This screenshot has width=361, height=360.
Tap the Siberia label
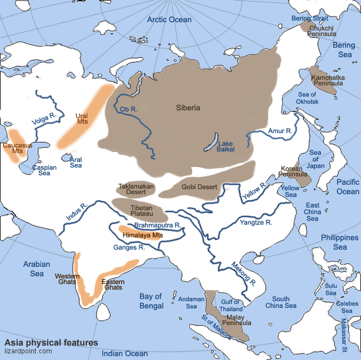point(188,108)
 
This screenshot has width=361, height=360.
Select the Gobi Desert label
point(199,187)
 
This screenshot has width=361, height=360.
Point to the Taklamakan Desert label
point(136,189)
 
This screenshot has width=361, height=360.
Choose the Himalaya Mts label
point(142,235)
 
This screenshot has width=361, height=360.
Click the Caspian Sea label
point(44,170)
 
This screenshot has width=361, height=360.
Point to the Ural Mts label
point(82,118)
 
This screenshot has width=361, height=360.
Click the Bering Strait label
point(310,18)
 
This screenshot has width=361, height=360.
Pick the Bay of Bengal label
point(151,301)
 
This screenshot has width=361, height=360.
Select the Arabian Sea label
point(37,268)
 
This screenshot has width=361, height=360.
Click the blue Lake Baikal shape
point(210,142)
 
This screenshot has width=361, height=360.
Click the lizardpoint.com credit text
point(28,351)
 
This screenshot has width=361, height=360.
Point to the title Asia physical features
point(51,342)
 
